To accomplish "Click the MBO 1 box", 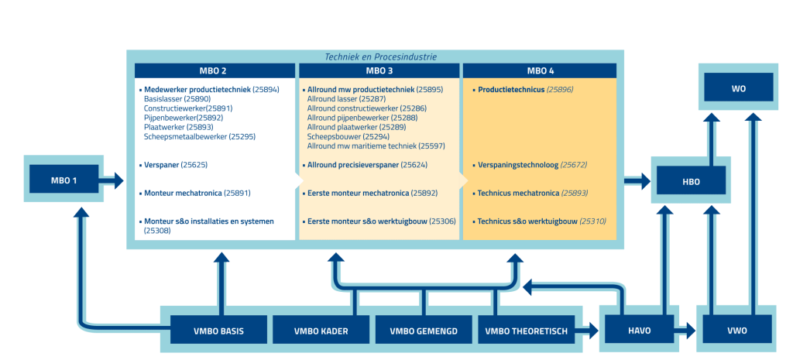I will [64, 181].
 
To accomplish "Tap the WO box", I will [738, 87].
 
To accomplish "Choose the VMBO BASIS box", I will [218, 331].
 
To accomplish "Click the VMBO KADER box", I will [320, 331].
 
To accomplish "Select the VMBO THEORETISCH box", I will [526, 331].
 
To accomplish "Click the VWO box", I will [737, 331].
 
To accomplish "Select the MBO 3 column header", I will [379, 70].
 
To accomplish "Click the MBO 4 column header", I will [540, 70].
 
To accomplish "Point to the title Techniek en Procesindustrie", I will [380, 57].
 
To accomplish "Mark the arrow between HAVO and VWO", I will [686, 331].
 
